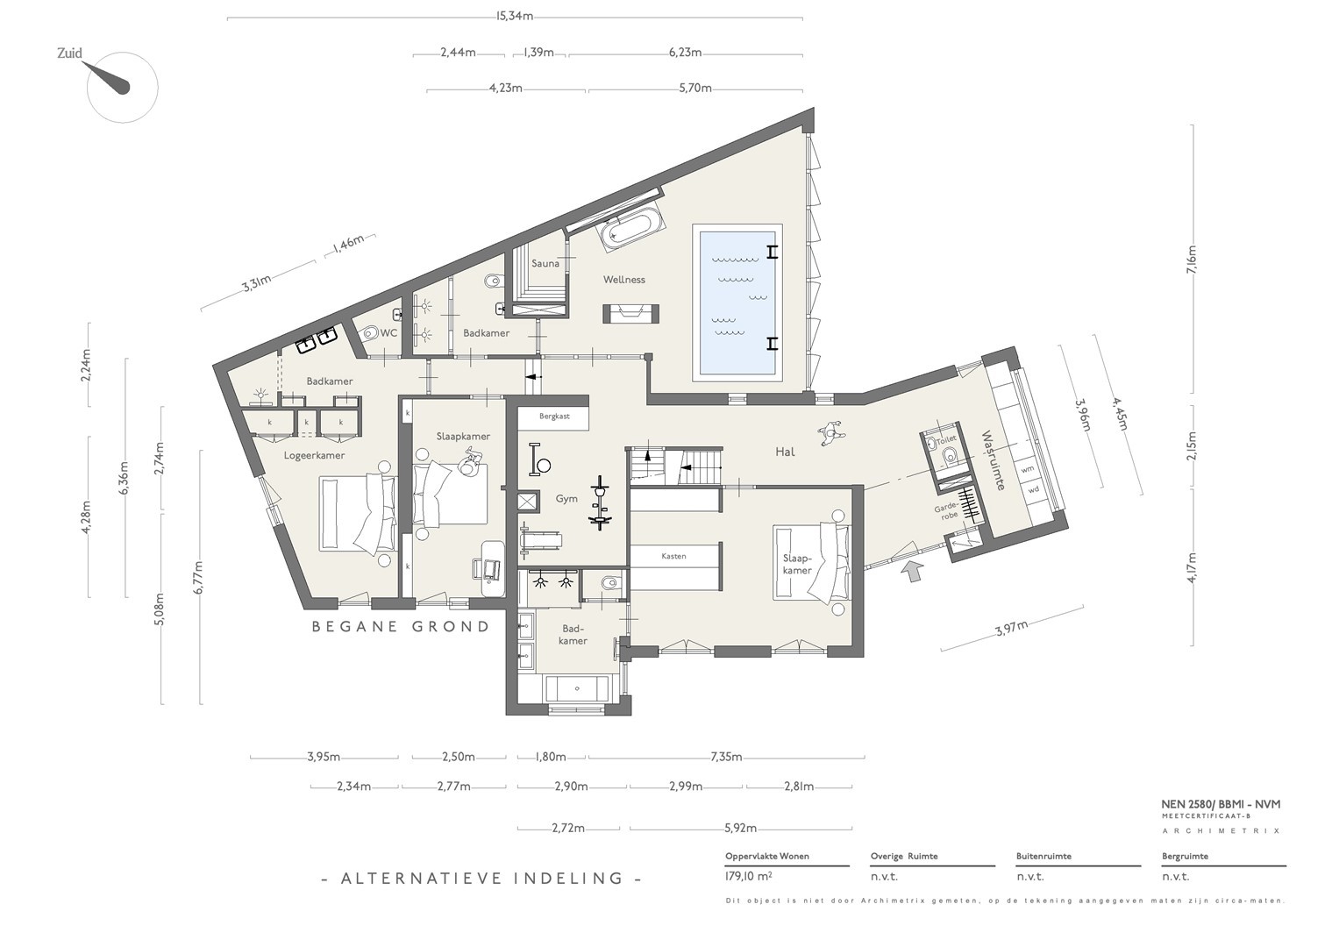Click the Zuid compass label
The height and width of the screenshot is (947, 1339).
click(69, 53)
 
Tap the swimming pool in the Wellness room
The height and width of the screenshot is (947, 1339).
click(737, 303)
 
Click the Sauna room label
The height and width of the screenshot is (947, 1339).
click(545, 263)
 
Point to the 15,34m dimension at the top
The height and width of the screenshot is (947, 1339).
click(514, 16)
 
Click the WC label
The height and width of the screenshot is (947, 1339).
click(388, 333)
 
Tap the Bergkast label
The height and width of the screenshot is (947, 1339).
click(554, 417)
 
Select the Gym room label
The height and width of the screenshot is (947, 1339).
click(566, 499)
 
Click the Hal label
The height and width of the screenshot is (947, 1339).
click(785, 452)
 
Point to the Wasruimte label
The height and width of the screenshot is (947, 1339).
click(993, 460)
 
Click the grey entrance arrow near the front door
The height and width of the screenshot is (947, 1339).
click(912, 571)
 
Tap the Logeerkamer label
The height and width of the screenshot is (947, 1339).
click(314, 456)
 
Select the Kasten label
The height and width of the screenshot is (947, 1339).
click(673, 556)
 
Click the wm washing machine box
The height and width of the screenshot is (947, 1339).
click(1027, 470)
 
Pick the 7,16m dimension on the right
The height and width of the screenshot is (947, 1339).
click(1192, 260)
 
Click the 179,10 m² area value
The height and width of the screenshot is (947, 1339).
click(748, 877)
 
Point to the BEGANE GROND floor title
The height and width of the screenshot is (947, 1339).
click(401, 627)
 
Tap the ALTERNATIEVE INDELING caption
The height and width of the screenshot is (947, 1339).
click(481, 879)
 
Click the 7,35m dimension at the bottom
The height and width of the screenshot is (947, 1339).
click(726, 757)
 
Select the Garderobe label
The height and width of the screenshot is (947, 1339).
click(946, 512)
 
